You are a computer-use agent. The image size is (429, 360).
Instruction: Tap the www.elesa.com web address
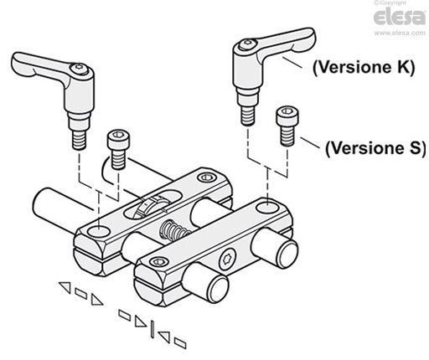[x=398, y=33]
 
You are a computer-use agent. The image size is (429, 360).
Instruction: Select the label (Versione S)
[x=374, y=147]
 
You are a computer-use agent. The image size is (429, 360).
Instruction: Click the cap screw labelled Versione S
[x=288, y=124]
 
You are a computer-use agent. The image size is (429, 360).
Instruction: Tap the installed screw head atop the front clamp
[x=156, y=265]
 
